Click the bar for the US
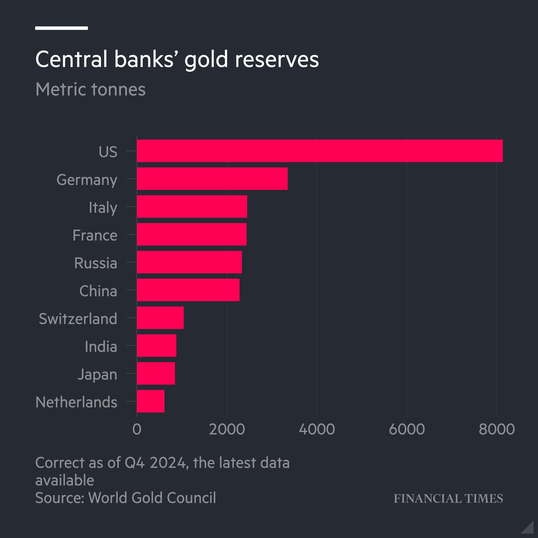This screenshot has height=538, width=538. pos(319,151)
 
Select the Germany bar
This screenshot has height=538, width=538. pos(212,179)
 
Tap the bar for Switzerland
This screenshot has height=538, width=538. pos(160,318)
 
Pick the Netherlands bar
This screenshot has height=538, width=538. pos(151,401)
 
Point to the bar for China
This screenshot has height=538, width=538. pos(188,290)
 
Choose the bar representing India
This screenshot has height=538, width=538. pos(156,346)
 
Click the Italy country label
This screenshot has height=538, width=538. pos(103,208)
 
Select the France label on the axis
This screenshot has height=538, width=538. pos(95,235)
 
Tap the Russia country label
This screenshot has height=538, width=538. pos(95,263)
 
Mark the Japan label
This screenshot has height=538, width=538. pos(97,374)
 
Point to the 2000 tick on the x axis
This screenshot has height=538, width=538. pos(227,429)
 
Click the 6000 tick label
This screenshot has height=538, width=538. pos(407,429)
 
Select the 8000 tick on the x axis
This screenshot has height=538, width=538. pos(496,429)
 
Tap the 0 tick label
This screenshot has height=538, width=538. pos(137,429)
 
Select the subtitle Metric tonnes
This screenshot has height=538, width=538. pos(90,89)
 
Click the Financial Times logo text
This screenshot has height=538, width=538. pos(448,499)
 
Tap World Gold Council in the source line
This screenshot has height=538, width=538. pos(152,498)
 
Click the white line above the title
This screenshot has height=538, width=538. pos(61,28)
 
